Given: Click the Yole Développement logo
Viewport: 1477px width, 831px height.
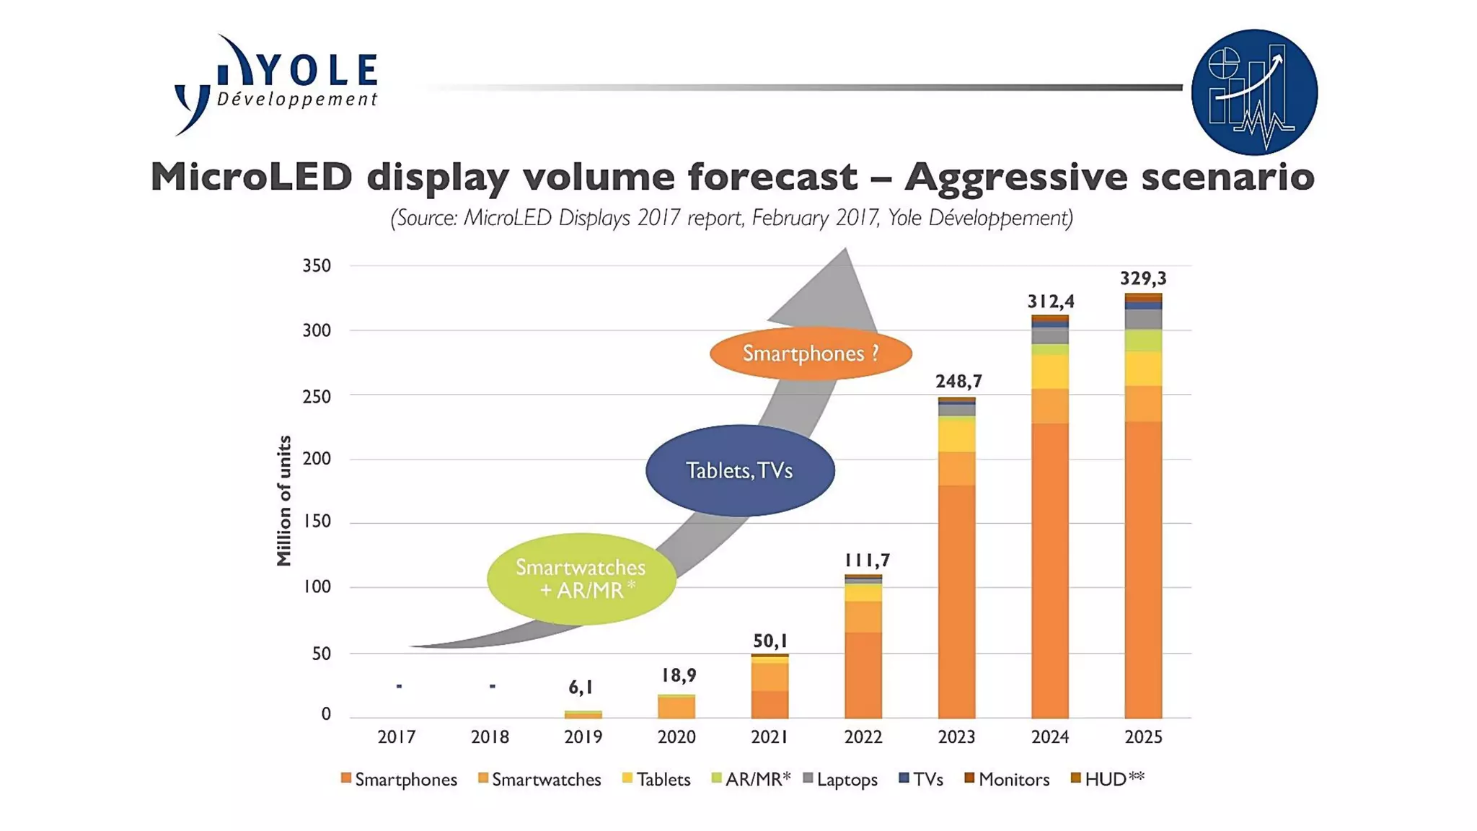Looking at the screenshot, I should pos(276,84).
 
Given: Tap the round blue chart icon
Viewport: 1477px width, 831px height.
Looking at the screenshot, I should pos(1254,92).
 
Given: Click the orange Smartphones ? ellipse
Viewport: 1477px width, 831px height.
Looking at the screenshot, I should pos(811,353).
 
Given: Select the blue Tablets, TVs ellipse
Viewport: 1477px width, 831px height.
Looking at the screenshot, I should pos(740,470).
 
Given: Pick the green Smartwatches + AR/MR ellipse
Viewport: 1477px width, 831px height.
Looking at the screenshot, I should pos(581,579).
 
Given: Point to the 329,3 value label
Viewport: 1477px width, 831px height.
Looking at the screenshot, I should pos(1143,278).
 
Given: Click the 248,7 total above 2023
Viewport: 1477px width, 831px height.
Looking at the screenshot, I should pos(958,381).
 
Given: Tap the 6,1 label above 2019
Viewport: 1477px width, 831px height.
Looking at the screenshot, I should pos(581,687).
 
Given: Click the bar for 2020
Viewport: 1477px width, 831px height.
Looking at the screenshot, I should pos(676,707).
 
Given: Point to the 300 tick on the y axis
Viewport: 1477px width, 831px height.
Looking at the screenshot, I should pos(317,331).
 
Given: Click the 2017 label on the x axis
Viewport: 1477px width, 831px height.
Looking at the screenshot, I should pos(397,737).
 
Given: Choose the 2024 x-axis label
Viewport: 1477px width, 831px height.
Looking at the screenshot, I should pos(1050,737).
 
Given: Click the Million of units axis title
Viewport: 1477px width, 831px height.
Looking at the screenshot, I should pos(284,501).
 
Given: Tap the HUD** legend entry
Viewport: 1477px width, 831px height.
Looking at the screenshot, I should pos(1108,779).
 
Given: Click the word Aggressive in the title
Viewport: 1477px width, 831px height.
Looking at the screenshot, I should pos(1015,177).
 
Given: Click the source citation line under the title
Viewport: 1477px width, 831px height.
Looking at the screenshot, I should pos(731,218).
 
